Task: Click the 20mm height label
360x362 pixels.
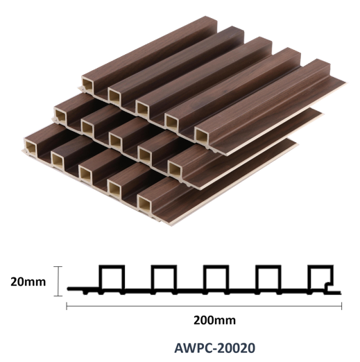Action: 28,282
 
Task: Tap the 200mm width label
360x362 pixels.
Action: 215,320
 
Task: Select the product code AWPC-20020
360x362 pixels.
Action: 215,348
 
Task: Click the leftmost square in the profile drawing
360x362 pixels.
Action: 112,266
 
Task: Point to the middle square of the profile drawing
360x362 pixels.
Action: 216,266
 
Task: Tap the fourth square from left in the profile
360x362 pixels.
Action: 268,266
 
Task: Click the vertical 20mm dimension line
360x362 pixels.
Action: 58,281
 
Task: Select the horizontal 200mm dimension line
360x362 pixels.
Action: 204,306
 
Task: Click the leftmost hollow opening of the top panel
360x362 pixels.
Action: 88,86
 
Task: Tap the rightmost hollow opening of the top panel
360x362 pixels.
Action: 202,136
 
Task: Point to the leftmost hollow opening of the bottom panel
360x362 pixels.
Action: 31,147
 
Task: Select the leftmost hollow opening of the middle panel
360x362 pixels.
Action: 60,116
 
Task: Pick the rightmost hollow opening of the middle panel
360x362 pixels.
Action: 175,170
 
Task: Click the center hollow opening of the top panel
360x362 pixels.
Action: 143,109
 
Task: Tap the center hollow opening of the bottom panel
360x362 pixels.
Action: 85,174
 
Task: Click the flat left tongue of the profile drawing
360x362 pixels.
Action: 83,288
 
